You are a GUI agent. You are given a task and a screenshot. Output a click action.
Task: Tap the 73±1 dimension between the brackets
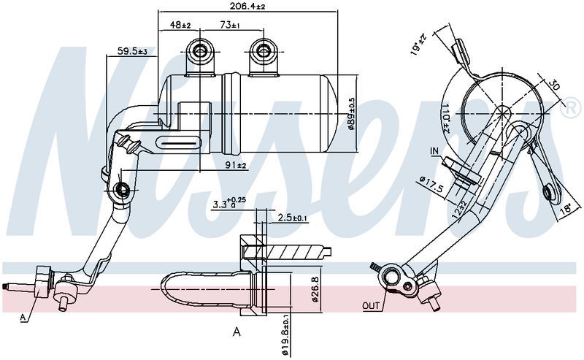(230, 26)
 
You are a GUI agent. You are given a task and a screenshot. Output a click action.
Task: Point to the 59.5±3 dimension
(132, 52)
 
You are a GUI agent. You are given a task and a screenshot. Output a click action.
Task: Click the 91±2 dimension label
(235, 166)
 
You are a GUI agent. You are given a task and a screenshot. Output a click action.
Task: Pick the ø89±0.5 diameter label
(352, 113)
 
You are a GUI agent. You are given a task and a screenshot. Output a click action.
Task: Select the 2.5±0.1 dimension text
(293, 218)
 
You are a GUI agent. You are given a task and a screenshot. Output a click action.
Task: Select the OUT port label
(371, 305)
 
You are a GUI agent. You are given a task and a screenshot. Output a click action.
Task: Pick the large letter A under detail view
(236, 332)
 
